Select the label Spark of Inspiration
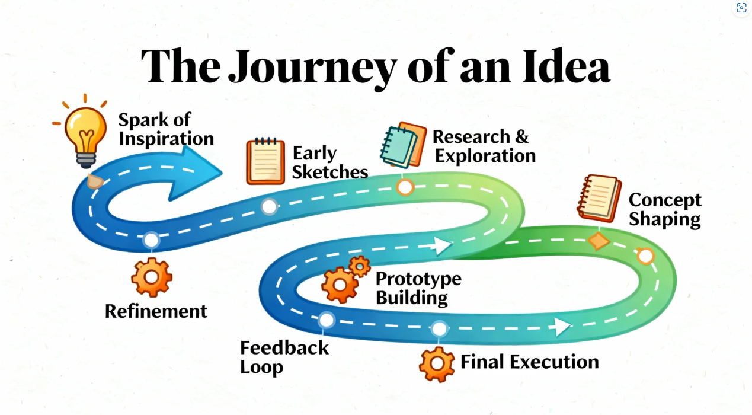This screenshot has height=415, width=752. click(165, 129)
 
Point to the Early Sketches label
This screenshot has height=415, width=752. click(329, 162)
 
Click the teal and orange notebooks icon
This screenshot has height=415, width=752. click(404, 145)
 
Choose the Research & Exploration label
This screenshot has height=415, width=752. click(484, 146)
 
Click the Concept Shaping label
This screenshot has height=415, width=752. click(664, 209)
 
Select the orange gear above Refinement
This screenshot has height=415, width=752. click(151, 277)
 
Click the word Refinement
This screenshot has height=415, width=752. click(156, 311)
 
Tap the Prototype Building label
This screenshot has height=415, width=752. click(418, 288)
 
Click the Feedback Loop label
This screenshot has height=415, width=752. click(284, 357)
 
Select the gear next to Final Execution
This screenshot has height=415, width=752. click(437, 364)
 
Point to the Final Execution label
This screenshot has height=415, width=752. click(530, 362)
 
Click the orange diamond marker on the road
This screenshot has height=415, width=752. click(599, 241)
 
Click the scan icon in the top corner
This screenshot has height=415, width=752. click(741, 8)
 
